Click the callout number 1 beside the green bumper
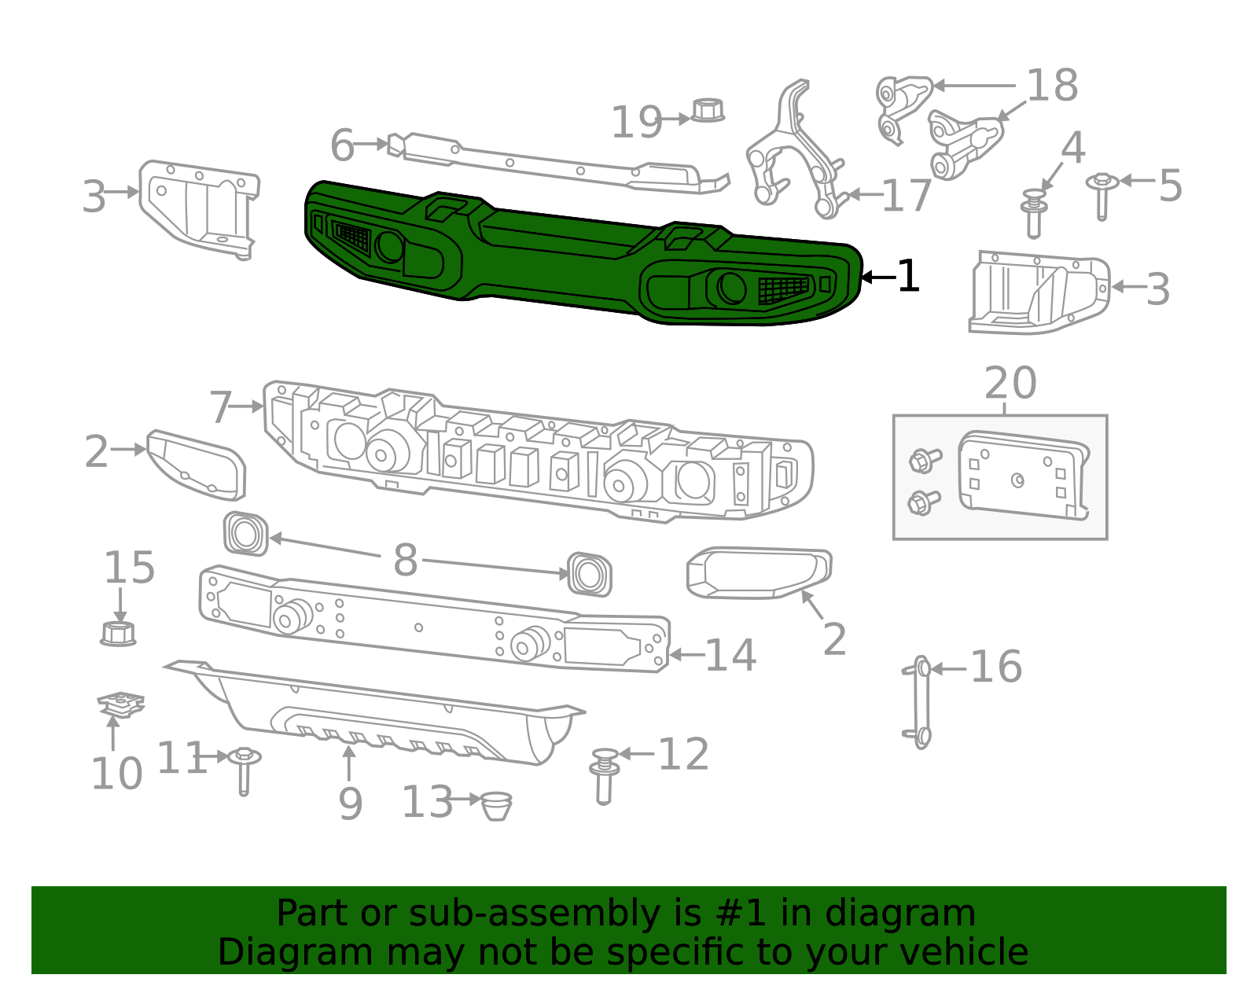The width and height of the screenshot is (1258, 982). tap(907, 277)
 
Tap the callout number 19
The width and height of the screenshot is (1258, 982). tap(636, 123)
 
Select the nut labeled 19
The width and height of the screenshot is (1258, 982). tap(708, 110)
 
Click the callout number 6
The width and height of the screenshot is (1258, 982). tap(342, 146)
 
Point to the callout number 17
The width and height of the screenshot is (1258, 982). tap(906, 196)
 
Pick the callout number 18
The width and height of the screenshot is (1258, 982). tap(1052, 85)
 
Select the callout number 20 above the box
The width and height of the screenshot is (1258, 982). tap(1010, 384)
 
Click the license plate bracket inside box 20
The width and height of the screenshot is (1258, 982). tap(1022, 475)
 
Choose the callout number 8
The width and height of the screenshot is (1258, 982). tap(405, 561)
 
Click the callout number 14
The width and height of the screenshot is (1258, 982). tap(730, 655)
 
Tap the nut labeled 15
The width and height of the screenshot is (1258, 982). tap(118, 632)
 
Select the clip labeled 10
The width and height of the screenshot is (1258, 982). tap(121, 703)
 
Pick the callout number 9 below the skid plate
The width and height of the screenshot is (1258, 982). tap(350, 803)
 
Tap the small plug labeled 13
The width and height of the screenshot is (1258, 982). tap(496, 805)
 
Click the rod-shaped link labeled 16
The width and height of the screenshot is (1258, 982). tap(921, 701)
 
